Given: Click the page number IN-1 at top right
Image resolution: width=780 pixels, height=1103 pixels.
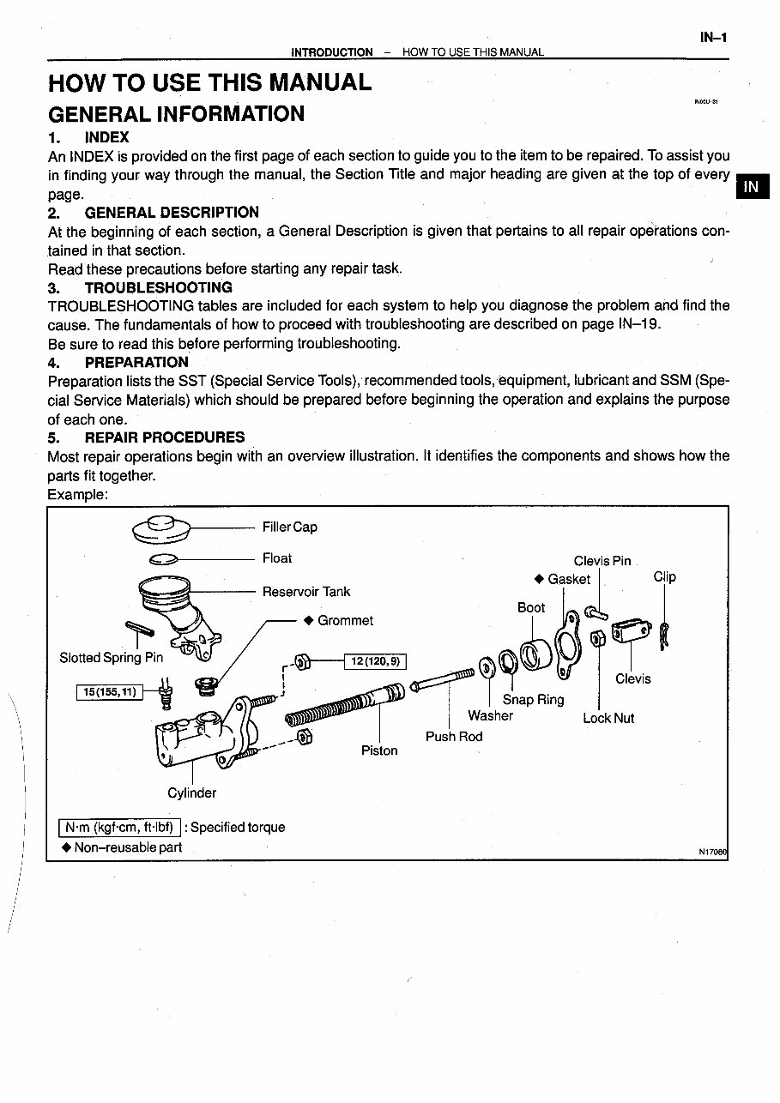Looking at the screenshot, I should tap(713, 38).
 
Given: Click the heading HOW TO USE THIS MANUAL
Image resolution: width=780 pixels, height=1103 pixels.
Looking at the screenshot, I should tap(210, 83).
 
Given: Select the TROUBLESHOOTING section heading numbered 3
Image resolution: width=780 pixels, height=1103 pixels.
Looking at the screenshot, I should tap(158, 287).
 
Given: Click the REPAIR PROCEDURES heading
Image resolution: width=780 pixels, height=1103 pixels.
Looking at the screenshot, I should tap(164, 437).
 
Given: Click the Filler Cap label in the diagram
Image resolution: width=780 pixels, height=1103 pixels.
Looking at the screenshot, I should tap(289, 527).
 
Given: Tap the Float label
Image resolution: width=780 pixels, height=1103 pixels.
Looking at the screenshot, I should tap(277, 558).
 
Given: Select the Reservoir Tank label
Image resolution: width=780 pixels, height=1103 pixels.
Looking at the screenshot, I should tap(306, 592).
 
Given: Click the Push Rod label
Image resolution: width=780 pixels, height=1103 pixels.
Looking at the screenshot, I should tap(454, 737).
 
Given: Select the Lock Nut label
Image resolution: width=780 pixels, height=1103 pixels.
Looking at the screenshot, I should tap(608, 719).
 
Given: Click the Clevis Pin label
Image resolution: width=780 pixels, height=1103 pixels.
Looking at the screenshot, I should tap(602, 561).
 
